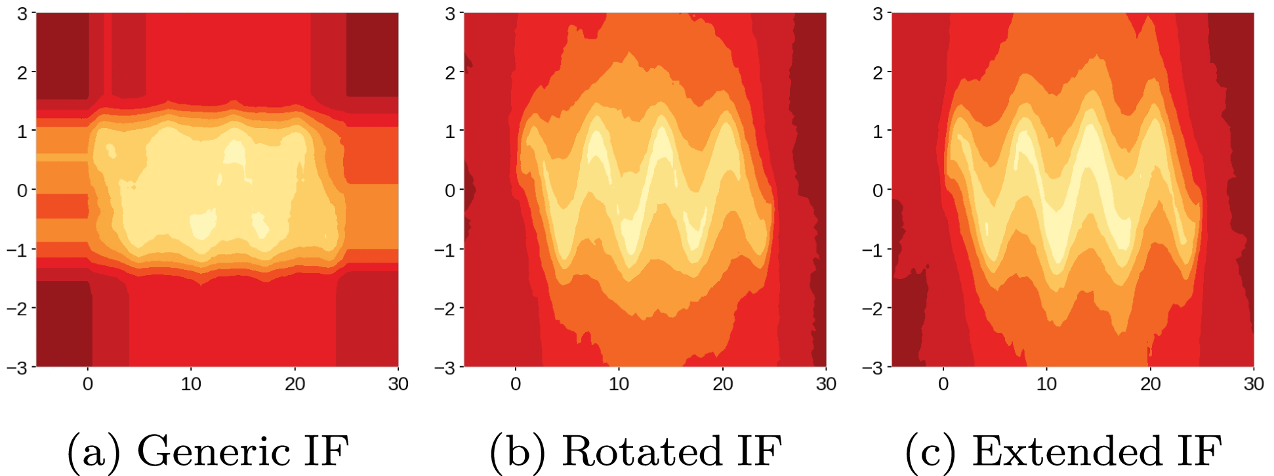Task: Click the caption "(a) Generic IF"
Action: point(208,452)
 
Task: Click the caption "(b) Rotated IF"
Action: point(636,452)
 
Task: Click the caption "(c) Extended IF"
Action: point(1063,452)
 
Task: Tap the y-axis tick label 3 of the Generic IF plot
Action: point(22,13)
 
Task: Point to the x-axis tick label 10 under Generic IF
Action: point(191,384)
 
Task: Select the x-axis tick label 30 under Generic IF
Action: point(398,384)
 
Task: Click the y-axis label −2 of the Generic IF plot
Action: point(17,308)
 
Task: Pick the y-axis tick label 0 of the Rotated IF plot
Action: point(450,190)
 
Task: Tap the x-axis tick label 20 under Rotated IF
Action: point(722,384)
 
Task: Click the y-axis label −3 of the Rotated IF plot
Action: point(445,368)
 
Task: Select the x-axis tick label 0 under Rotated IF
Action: point(516,384)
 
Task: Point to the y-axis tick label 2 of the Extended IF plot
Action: point(878,72)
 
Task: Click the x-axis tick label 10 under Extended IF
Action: point(1046,384)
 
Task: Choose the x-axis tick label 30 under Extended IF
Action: point(1254,384)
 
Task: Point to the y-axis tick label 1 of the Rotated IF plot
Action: point(450,131)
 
